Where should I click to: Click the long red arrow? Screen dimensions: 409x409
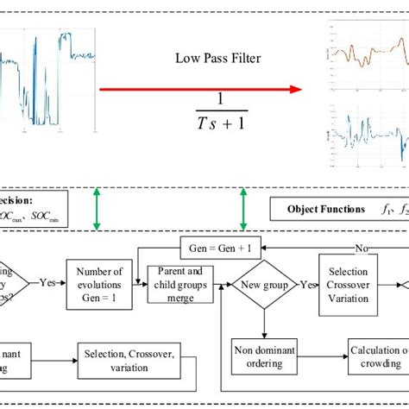coord(198,88)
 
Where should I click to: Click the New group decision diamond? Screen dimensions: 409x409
coord(262,282)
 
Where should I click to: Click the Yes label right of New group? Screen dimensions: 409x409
coord(305,281)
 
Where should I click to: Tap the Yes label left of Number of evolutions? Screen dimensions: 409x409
coord(48,281)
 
